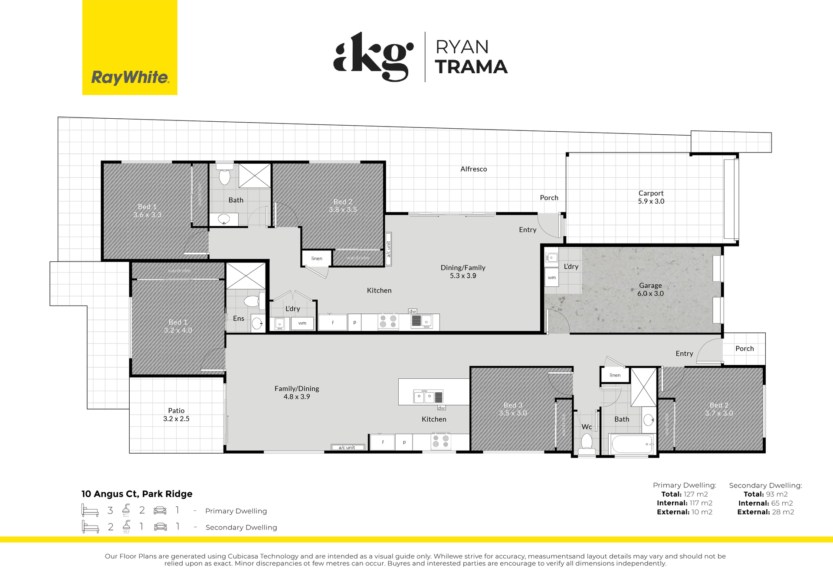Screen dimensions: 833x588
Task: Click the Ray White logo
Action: point(130,47)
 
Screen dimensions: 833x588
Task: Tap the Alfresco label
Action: point(474,169)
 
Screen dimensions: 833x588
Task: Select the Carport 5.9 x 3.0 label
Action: point(651,197)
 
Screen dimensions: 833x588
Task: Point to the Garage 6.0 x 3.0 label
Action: point(650,289)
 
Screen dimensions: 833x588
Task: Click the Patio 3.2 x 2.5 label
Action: point(176,415)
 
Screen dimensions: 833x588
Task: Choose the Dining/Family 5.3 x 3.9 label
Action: point(463,272)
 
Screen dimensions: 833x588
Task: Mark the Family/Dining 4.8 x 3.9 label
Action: point(297,393)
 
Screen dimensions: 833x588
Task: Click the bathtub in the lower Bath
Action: point(632,444)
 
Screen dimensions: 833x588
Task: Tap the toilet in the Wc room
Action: point(587,443)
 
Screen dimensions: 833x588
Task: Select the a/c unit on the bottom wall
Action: point(348,448)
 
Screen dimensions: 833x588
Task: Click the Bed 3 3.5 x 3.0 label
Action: point(513,409)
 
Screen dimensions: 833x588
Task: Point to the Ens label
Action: point(239,318)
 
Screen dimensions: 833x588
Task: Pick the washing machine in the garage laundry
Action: point(551,277)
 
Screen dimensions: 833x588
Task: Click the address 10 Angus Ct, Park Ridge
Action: point(137,494)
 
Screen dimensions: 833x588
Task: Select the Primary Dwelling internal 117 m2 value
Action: point(701,503)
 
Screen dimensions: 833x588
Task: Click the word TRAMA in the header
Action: point(471,67)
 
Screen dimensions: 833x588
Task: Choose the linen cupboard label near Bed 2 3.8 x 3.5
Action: point(317,258)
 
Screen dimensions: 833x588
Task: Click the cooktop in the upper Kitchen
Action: point(388,321)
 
